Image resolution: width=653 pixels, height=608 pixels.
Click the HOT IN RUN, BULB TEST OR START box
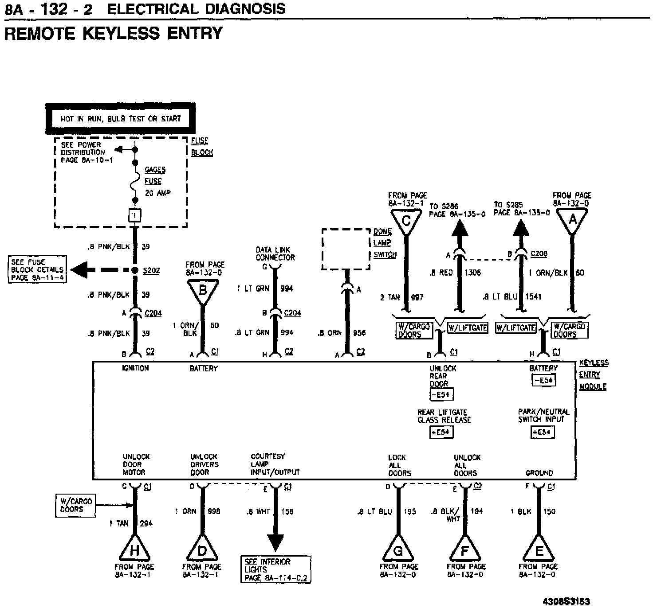tap(121, 119)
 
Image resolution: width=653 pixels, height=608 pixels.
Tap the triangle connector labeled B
tap(203, 291)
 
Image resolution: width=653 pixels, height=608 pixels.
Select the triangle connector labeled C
tap(406, 221)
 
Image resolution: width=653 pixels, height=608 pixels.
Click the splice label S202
tap(151, 271)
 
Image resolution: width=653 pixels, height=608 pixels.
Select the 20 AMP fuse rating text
tap(158, 193)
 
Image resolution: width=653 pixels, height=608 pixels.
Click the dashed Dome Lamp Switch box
tap(346, 249)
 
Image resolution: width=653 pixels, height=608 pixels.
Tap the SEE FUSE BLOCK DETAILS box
tap(37, 269)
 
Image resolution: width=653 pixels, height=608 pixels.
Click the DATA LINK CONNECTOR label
tap(275, 254)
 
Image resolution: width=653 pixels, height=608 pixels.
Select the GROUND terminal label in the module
tap(539, 473)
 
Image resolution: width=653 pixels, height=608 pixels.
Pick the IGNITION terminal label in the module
tap(135, 368)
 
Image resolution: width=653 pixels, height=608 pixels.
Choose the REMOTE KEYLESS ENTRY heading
tap(114, 33)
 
